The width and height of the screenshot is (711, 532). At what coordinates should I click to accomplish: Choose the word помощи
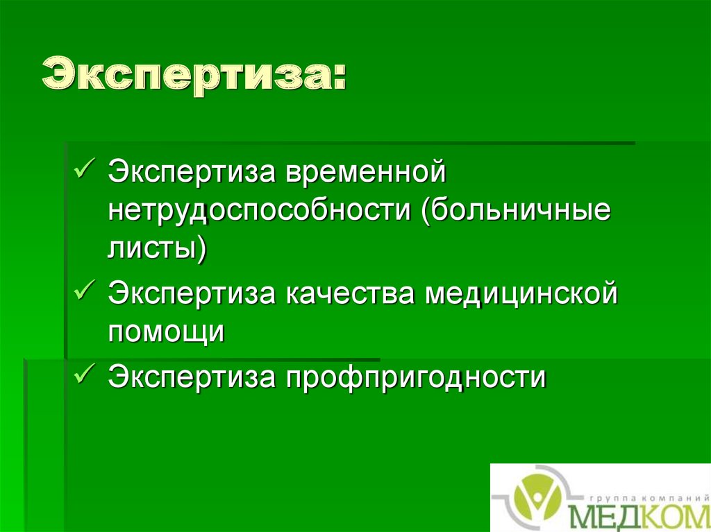tap(166, 332)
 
